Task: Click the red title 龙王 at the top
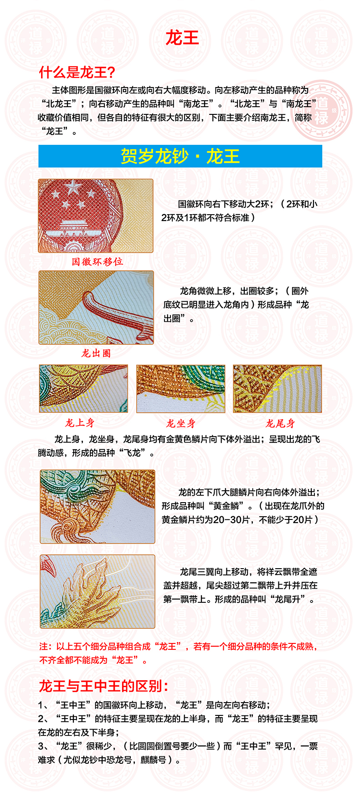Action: [x=182, y=38]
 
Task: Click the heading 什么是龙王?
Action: [x=77, y=72]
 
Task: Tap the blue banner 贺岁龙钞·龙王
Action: [x=180, y=156]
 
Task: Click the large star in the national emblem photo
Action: [x=73, y=187]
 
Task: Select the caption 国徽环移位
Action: [x=97, y=262]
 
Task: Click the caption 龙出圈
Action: [x=96, y=353]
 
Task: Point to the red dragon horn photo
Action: [x=96, y=308]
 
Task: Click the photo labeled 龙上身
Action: [x=83, y=389]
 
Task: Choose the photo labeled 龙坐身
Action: [x=180, y=389]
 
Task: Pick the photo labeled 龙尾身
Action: [x=277, y=389]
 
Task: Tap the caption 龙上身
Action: [x=80, y=423]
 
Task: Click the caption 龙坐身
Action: [x=180, y=424]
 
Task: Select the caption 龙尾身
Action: [x=280, y=424]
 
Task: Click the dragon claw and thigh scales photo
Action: [x=98, y=507]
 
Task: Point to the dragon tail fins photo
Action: [x=98, y=591]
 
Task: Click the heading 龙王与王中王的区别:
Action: [x=104, y=686]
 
